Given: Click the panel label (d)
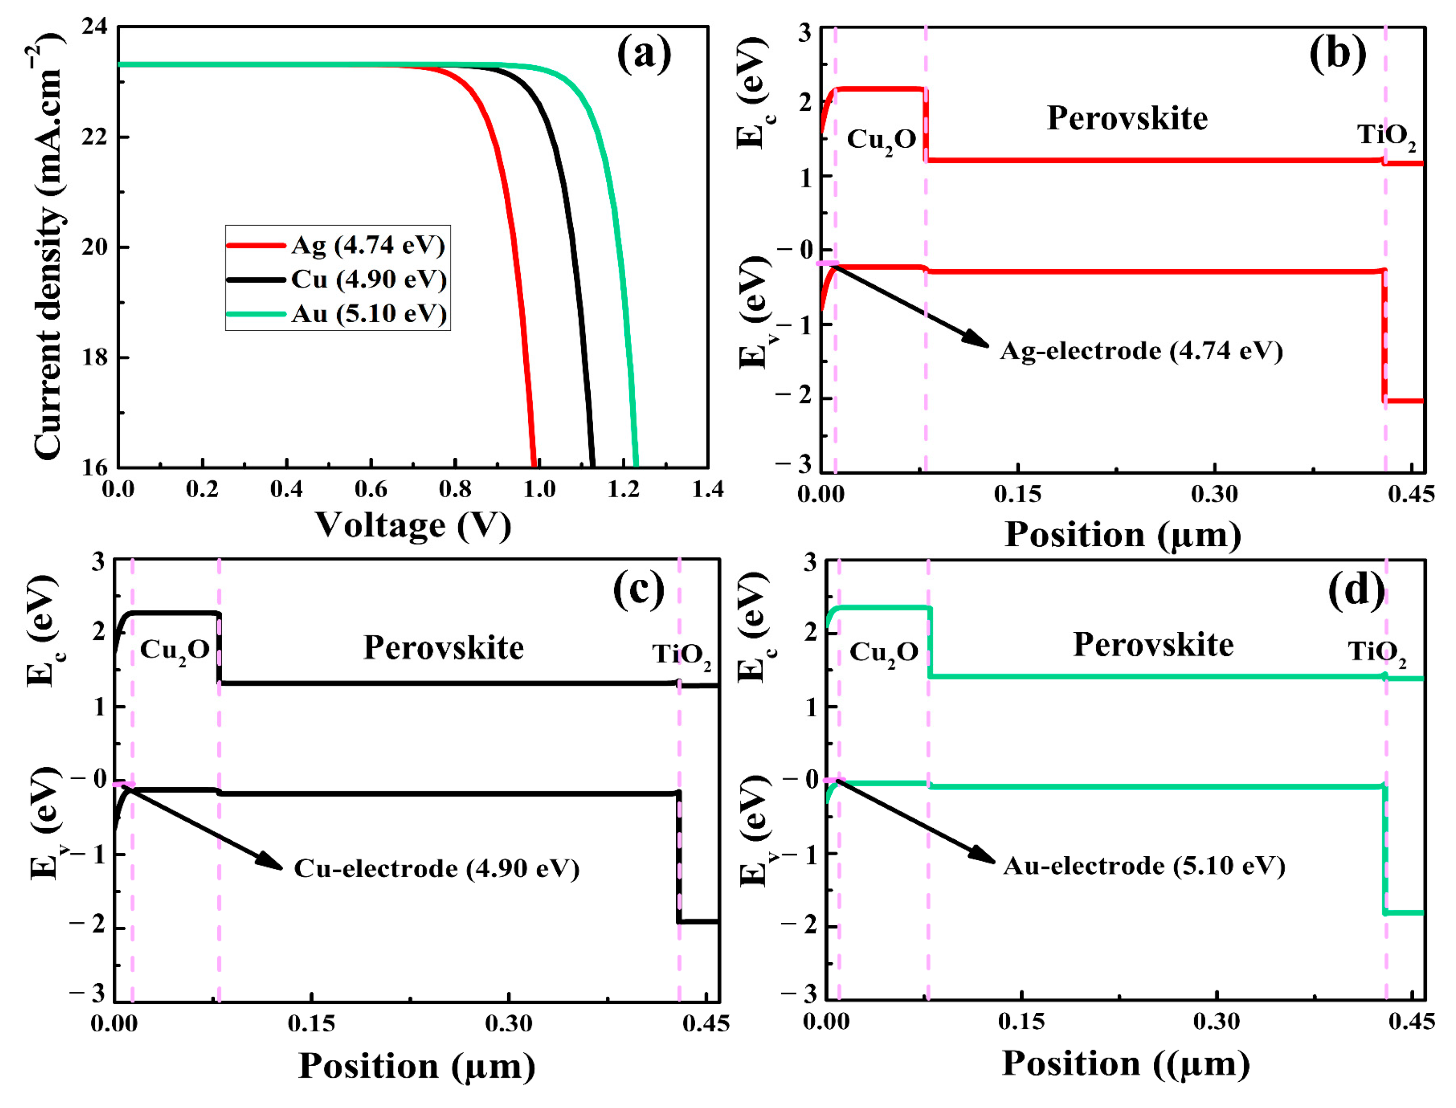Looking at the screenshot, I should coord(1356,589).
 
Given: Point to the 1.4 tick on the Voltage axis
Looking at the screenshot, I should coord(707,489).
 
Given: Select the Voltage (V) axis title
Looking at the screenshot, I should coord(413,526).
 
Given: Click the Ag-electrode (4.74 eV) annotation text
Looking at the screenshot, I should coord(1141,350).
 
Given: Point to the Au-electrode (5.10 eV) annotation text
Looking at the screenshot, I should coord(1144,866).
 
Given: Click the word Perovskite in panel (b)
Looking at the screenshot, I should coord(1127,119).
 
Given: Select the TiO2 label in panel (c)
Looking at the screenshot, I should coord(682,655).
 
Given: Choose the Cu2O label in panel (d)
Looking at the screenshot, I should coord(884,653).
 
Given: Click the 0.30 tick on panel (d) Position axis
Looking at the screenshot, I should coord(1216,1021).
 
